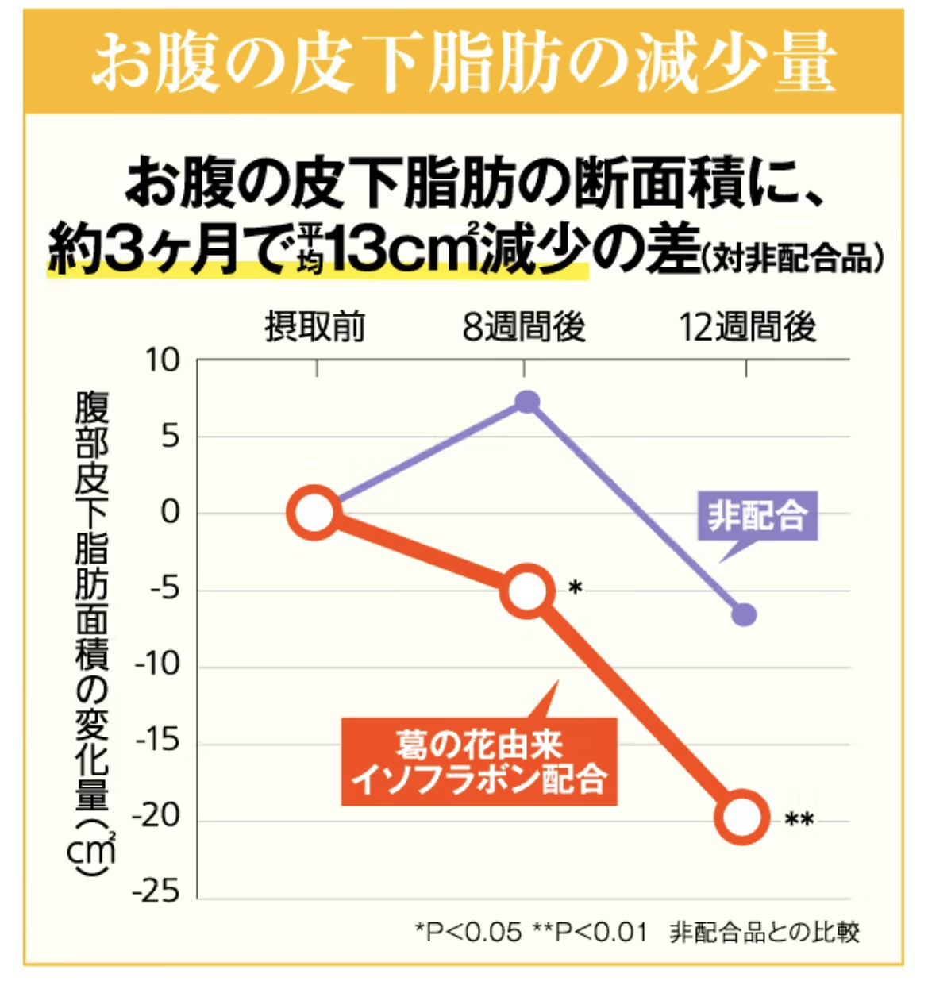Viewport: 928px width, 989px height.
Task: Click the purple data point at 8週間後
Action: pyautogui.click(x=527, y=402)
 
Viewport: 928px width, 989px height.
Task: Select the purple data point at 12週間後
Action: pyautogui.click(x=744, y=614)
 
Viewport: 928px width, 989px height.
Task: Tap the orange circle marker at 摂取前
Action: pyautogui.click(x=315, y=513)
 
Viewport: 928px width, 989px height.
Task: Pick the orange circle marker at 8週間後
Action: pyautogui.click(x=526, y=591)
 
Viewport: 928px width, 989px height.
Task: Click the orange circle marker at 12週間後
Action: pyautogui.click(x=742, y=817)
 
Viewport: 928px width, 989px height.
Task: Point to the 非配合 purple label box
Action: pyautogui.click(x=757, y=517)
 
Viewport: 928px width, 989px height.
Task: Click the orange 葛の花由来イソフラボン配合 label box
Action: pyautogui.click(x=479, y=762)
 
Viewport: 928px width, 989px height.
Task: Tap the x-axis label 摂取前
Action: pyautogui.click(x=315, y=327)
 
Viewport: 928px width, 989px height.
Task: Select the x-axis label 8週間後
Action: pyautogui.click(x=524, y=327)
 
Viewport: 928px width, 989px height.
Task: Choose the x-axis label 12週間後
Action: pyautogui.click(x=747, y=327)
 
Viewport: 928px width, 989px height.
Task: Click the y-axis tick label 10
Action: pyautogui.click(x=162, y=361)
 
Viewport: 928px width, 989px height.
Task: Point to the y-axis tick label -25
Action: pyautogui.click(x=156, y=891)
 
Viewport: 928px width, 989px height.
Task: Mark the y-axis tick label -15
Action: pyautogui.click(x=157, y=741)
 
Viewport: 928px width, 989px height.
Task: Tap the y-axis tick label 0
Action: pyautogui.click(x=171, y=513)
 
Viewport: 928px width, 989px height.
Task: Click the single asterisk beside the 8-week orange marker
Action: pyautogui.click(x=576, y=588)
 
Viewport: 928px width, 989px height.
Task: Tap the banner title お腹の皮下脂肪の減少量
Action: pyautogui.click(x=464, y=62)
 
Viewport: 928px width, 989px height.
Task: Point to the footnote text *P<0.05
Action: pyautogui.click(x=468, y=932)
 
